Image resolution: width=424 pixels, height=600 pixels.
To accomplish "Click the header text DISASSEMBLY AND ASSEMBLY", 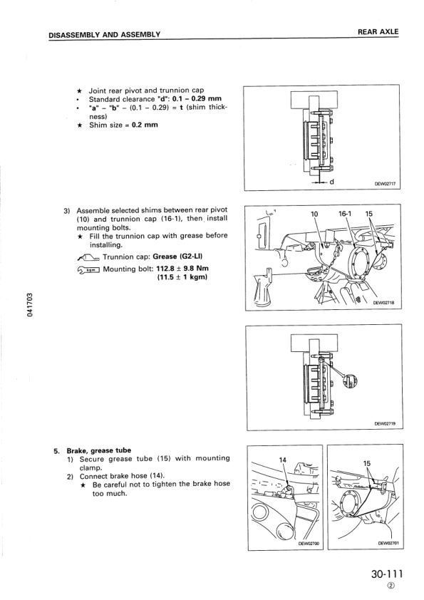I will pos(103,34).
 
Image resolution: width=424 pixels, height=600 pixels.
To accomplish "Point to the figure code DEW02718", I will pos(383,302).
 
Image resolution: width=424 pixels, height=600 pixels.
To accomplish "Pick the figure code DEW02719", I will pos(384,423).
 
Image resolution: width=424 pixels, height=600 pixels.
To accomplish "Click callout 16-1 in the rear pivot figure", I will pos(346,213).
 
